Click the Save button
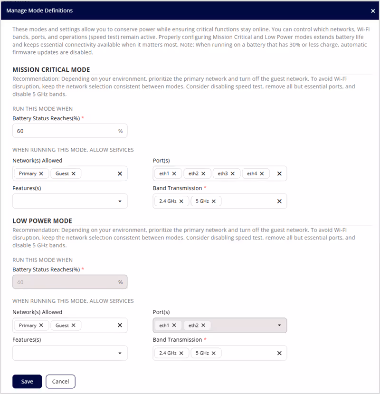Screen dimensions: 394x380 coord(27,381)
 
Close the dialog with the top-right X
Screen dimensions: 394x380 coord(373,10)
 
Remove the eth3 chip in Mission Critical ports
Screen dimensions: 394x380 coord(233,173)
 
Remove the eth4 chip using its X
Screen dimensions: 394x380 coord(262,173)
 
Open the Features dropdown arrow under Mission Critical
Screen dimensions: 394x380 coord(120,202)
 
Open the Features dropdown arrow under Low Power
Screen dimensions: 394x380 coord(120,353)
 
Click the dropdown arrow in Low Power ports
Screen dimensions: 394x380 coord(279,325)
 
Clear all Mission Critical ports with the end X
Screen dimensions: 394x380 coord(279,173)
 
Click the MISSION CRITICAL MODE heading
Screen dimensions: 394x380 coord(51,69)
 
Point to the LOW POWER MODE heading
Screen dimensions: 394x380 coord(42,221)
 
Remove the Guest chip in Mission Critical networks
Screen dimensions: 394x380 coord(74,173)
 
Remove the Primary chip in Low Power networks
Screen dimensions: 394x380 coord(41,325)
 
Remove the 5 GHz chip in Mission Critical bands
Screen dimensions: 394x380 coord(214,201)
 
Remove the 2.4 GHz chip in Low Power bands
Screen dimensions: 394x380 coord(181,353)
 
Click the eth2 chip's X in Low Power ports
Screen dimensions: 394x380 coord(203,325)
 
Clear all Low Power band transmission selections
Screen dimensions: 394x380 coord(279,353)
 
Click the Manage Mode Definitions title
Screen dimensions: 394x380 coord(39,10)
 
